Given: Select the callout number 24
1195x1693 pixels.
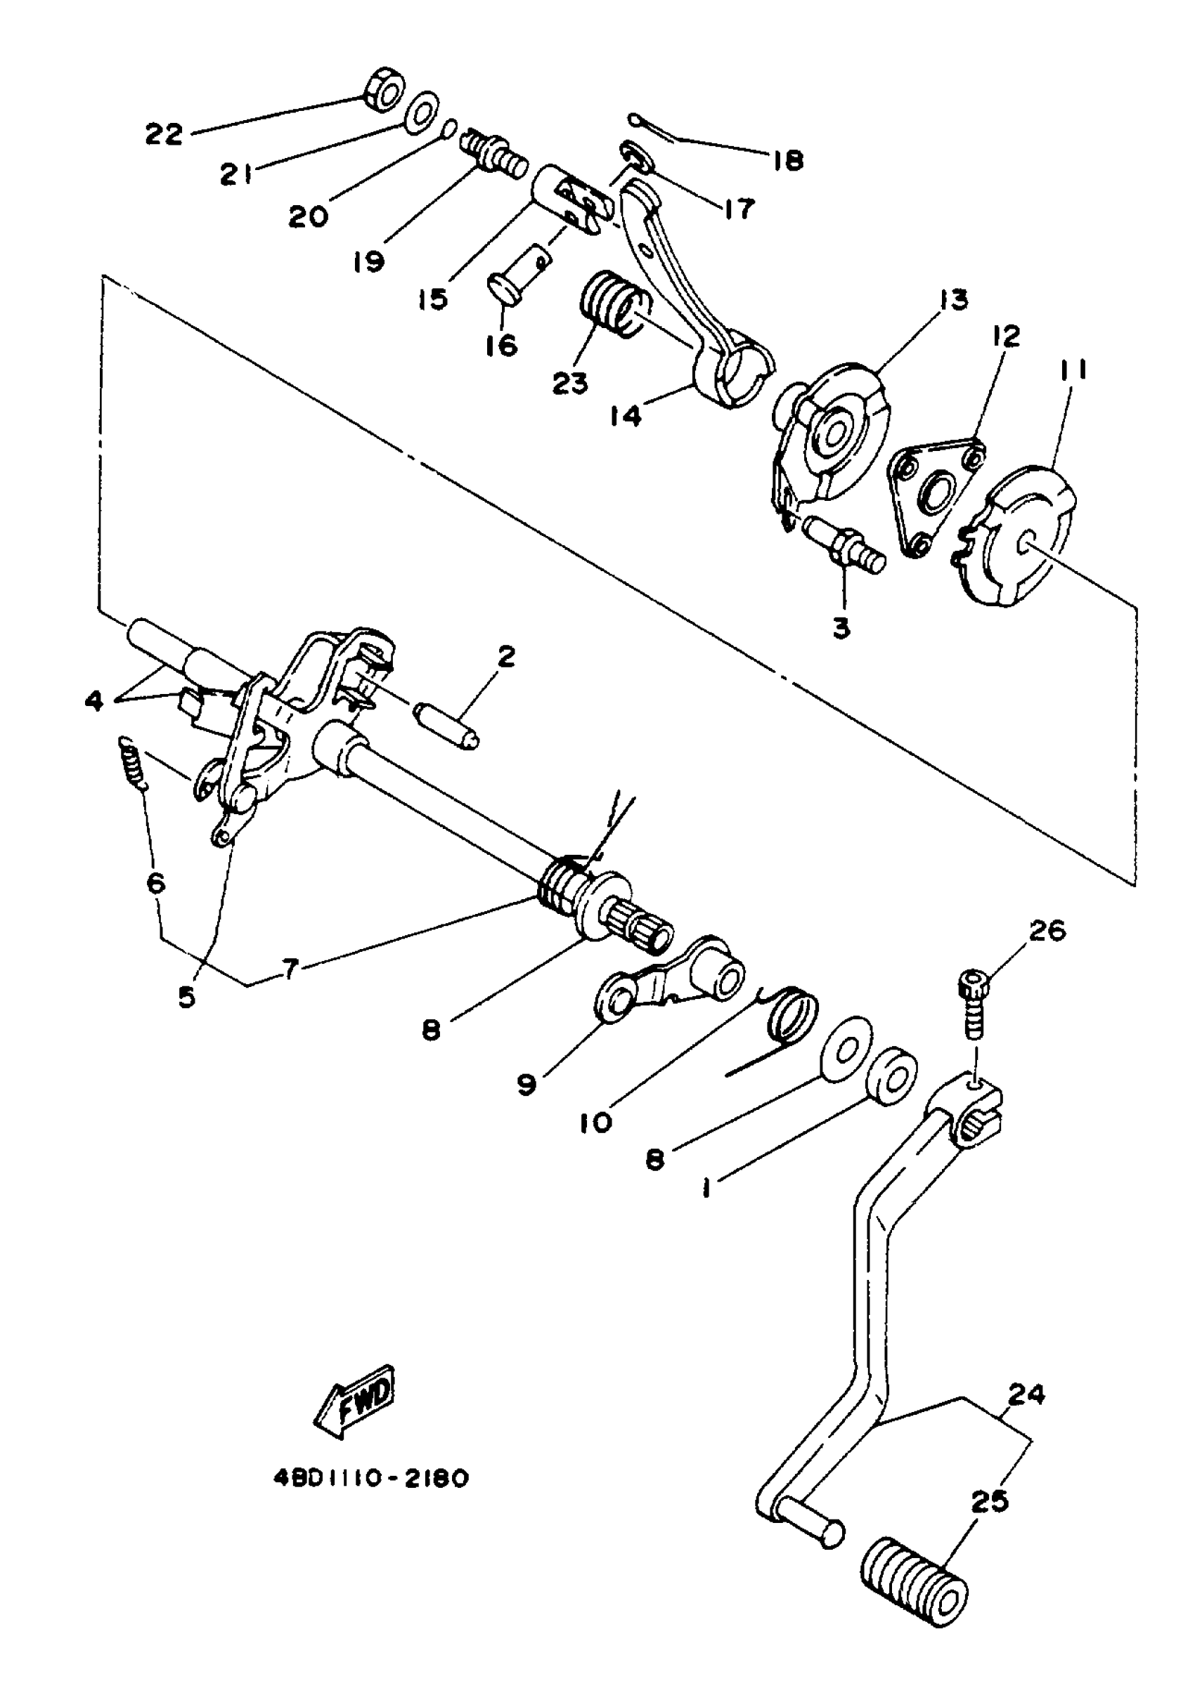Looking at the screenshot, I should pos(1026,1395).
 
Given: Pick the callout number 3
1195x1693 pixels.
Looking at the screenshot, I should pos(841,628).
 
